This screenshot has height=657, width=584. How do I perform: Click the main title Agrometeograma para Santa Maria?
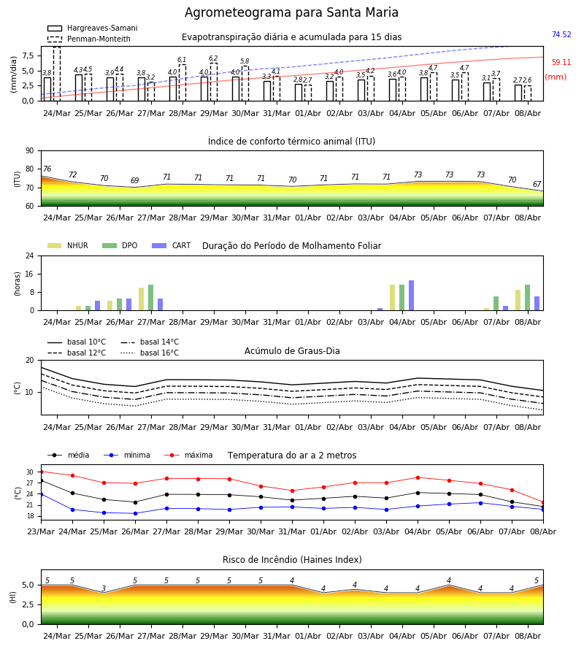point(291,12)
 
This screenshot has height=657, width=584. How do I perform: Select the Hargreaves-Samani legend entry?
point(92,28)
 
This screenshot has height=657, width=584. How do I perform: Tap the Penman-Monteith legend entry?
point(89,39)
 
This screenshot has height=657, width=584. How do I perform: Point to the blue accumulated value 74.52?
point(561,34)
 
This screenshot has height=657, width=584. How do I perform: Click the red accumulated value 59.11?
point(561,63)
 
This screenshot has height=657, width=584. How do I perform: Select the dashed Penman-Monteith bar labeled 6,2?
point(214,82)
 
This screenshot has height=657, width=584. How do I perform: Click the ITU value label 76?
point(47,169)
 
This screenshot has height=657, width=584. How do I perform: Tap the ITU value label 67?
point(537,185)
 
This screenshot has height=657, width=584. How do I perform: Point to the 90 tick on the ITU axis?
point(29,151)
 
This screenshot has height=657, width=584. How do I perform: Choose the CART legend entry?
point(172,245)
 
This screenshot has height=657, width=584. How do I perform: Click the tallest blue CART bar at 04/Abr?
point(412,296)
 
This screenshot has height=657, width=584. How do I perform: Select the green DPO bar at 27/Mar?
point(151,298)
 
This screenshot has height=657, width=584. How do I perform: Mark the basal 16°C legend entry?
point(149,353)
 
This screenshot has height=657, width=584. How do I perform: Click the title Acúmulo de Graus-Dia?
point(292,351)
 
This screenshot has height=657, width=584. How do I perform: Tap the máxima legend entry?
point(189,455)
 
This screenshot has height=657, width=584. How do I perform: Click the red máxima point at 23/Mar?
point(42,472)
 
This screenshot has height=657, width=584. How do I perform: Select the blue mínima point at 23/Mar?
point(42,494)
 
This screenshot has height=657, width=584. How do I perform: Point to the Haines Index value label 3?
point(104,588)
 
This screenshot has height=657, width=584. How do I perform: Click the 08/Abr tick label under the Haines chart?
point(528,636)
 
